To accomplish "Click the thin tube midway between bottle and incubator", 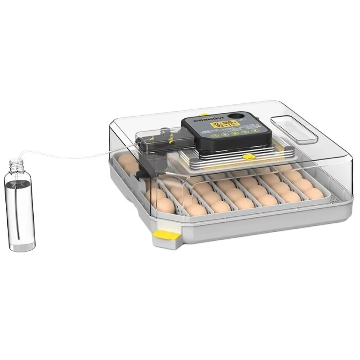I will pos(76,157).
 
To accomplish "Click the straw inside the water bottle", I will pos(21,207).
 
